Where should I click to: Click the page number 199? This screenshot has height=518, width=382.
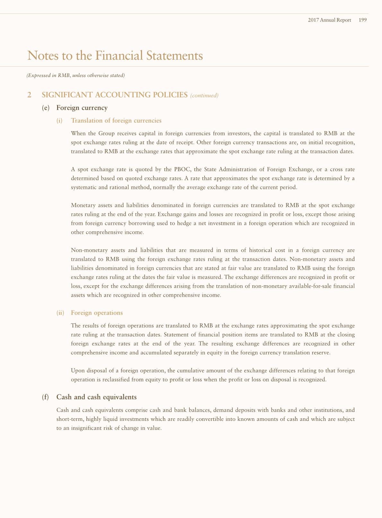(x=363, y=20)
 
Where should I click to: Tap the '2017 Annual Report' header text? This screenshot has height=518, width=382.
(x=329, y=20)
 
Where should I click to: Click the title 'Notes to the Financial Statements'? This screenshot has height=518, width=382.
(x=115, y=55)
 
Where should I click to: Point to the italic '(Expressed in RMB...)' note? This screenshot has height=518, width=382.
(x=75, y=76)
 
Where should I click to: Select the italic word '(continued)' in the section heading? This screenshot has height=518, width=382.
(x=204, y=95)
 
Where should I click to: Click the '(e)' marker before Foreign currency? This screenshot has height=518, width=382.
(x=46, y=108)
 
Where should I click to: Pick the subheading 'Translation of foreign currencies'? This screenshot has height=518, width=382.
(x=116, y=121)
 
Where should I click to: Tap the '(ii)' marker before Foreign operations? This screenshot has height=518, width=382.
(x=60, y=313)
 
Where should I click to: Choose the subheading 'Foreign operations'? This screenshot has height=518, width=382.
(x=97, y=313)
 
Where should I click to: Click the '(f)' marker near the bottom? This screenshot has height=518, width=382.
(x=46, y=397)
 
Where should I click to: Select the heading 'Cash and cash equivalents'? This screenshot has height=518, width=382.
(x=97, y=397)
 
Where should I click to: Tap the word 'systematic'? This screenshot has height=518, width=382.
(x=84, y=187)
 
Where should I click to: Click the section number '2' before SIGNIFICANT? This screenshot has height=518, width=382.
(x=30, y=95)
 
